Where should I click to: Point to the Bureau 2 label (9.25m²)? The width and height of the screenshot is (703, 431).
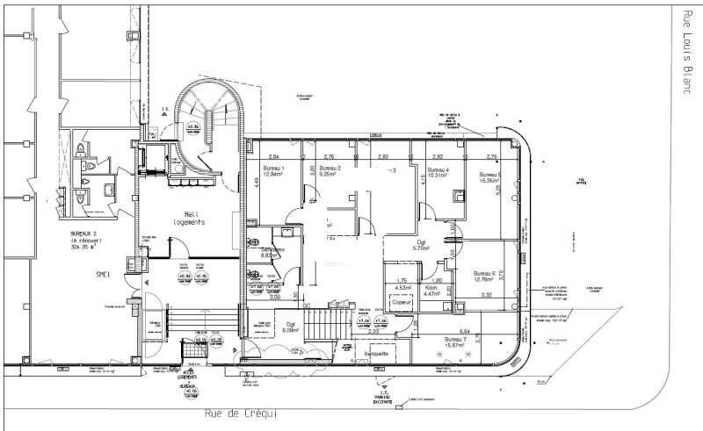tap(330, 170)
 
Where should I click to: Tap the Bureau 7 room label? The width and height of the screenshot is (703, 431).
tap(454, 341)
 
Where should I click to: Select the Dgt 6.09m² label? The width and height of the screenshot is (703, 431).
tap(289, 327)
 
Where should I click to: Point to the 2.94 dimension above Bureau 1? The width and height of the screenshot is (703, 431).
tap(261, 156)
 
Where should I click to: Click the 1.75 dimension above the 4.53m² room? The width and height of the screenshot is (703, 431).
tap(402, 280)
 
